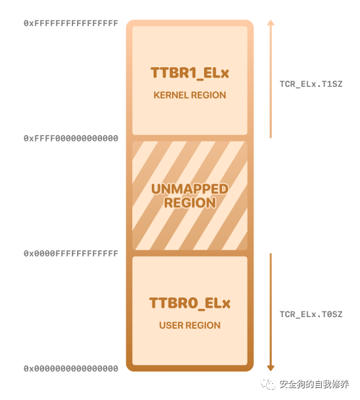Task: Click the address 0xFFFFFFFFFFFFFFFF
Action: [71, 24]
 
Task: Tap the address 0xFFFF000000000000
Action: [71, 139]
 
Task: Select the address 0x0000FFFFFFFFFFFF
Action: [71, 254]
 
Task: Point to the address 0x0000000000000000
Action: [71, 369]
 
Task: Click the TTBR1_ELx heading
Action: [190, 73]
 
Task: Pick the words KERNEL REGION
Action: [190, 95]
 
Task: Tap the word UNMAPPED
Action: [190, 190]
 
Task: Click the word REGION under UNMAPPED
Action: [190, 203]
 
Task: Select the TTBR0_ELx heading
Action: [190, 303]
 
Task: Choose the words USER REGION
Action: [190, 326]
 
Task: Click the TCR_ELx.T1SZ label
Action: [311, 84]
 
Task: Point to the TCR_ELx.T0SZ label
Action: [311, 315]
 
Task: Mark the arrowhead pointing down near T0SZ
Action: [270, 368]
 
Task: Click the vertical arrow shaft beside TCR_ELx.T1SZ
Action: [270, 81]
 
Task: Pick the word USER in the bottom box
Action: [171, 326]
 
